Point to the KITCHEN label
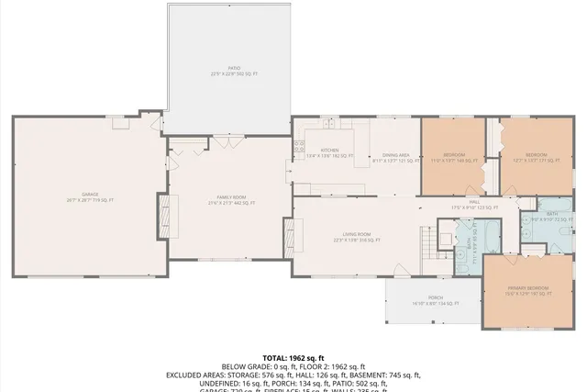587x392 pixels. [329, 151]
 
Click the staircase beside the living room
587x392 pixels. [427, 244]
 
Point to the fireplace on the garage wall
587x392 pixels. [165, 215]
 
